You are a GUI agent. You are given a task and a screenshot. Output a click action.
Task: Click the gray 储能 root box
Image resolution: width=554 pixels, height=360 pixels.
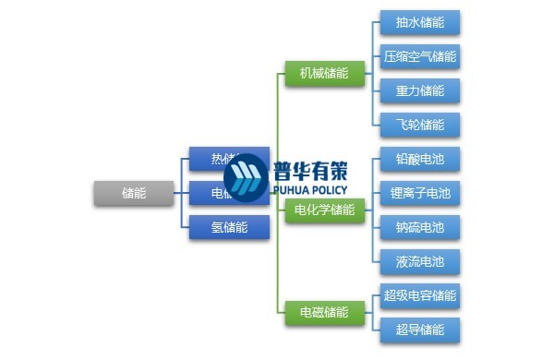click(134, 193)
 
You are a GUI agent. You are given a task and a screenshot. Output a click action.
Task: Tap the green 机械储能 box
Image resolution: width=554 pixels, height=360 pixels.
click(318, 74)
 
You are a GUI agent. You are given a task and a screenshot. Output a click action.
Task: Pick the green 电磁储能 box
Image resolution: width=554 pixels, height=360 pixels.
click(318, 312)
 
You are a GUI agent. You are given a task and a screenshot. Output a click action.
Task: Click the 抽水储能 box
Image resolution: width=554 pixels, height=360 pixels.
click(420, 22)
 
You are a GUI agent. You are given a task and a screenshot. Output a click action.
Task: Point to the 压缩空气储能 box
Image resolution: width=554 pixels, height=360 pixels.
click(420, 56)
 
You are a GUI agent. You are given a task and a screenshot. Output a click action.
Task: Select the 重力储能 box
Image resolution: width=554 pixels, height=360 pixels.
click(420, 90)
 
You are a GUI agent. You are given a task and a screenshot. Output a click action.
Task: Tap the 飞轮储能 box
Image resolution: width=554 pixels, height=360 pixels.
click(420, 125)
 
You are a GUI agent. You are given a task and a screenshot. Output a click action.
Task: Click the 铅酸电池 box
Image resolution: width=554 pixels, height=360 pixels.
click(420, 159)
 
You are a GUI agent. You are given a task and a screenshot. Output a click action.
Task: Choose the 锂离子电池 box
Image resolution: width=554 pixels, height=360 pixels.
click(420, 193)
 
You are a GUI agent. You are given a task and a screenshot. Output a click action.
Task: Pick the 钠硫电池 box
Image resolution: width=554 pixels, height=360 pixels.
click(420, 227)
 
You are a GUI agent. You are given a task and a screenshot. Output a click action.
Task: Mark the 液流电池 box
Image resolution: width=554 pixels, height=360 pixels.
click(420, 261)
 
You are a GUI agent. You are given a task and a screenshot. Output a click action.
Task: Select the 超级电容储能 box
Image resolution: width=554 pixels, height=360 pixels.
click(420, 296)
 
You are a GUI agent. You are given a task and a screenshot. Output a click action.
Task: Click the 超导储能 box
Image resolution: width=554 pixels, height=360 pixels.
click(420, 330)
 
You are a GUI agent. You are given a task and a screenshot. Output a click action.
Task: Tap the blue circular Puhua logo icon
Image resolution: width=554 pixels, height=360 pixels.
click(245, 178)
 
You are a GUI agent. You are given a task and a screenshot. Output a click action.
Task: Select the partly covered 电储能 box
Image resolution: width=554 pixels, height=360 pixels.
click(205, 193)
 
